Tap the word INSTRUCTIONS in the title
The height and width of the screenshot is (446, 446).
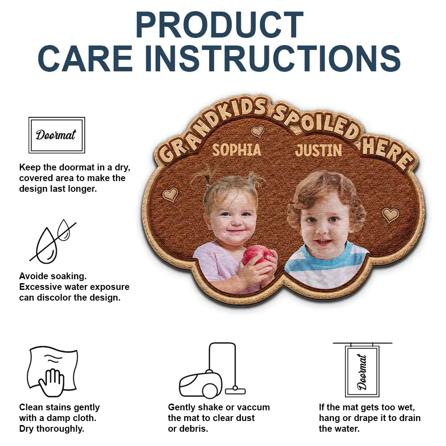pyautogui.click(x=273, y=58)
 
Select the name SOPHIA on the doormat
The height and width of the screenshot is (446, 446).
pyautogui.click(x=236, y=150)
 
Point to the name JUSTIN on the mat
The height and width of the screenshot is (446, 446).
pyautogui.click(x=318, y=150)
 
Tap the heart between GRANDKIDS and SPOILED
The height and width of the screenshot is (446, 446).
pyautogui.click(x=257, y=131)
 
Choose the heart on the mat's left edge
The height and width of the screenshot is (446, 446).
pyautogui.click(x=170, y=194)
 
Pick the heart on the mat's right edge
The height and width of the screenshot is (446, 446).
pyautogui.click(x=390, y=215)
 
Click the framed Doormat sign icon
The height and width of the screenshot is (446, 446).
pyautogui.click(x=57, y=135)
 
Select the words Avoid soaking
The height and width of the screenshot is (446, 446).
pyautogui.click(x=53, y=276)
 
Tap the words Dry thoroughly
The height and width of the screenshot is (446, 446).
pyautogui.click(x=52, y=429)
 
